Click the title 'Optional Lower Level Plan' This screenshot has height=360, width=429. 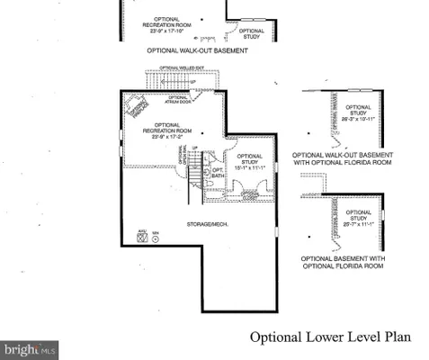[330, 337]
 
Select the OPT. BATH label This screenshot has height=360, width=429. [218, 173]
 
